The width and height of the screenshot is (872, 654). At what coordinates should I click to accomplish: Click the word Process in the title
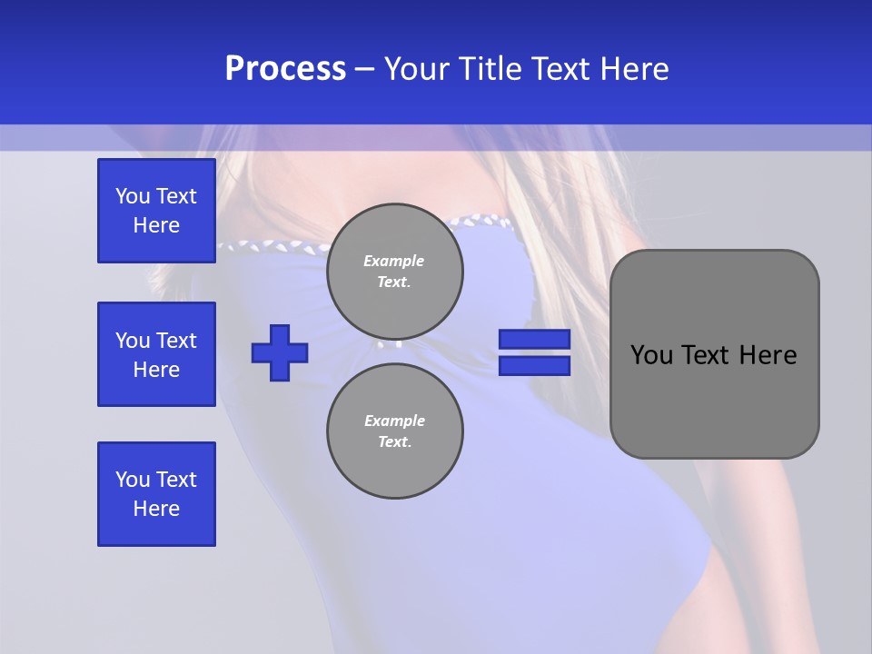(285, 69)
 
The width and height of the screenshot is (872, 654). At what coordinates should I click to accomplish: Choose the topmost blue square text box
(156, 211)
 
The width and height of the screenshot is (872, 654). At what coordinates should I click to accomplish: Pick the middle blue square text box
(156, 354)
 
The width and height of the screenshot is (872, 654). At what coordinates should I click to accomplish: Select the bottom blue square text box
(156, 494)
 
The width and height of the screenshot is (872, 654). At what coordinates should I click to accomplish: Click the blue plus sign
(280, 352)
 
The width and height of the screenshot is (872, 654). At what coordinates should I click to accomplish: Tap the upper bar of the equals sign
(534, 339)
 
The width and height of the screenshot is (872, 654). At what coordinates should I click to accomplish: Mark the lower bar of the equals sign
(534, 365)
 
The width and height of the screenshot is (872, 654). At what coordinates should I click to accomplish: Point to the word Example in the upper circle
(394, 261)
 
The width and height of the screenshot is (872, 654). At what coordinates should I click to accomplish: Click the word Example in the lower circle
(394, 421)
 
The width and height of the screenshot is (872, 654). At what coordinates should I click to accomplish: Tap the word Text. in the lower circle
(394, 442)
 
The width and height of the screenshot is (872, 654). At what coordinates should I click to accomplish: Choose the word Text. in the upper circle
(394, 282)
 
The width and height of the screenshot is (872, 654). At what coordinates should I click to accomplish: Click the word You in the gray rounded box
(651, 355)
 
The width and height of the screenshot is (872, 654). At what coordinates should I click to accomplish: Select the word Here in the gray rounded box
(768, 355)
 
